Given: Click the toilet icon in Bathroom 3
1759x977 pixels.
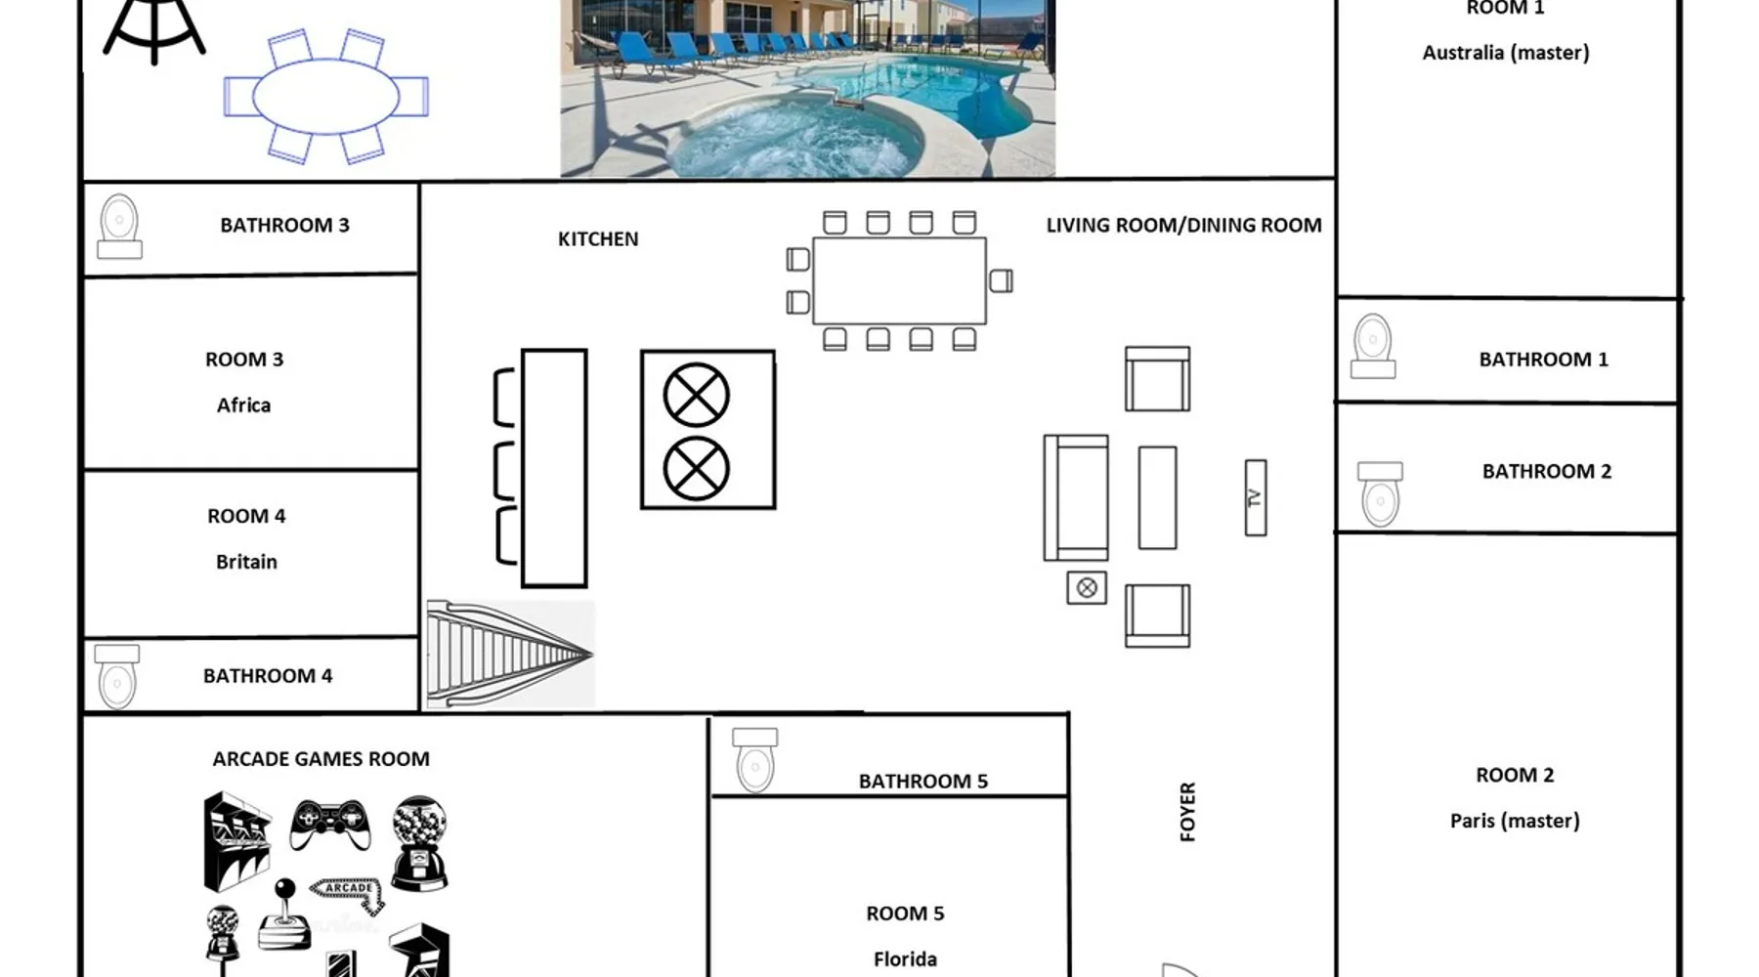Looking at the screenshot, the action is (119, 227).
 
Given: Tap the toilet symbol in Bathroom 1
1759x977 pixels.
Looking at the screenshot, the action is (1372, 346).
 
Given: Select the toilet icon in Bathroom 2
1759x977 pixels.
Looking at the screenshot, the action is (1380, 494).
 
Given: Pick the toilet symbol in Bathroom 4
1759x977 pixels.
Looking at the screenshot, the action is (116, 676).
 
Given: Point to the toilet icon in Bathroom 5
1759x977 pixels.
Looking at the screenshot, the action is (755, 760).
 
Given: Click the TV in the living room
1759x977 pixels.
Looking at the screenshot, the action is (1256, 498).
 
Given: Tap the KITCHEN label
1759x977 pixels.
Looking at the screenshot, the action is (598, 239).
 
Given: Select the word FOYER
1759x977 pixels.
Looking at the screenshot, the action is (1187, 812).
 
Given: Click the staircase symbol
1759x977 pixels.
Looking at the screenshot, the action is (510, 654).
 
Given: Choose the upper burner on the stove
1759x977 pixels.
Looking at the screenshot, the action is (696, 396).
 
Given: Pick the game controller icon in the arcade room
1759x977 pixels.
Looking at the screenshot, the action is (330, 824).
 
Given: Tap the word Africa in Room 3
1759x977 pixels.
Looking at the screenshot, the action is (243, 405).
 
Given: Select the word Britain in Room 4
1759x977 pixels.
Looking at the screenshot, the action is (246, 562).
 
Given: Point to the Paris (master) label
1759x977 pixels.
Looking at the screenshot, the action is (1515, 821).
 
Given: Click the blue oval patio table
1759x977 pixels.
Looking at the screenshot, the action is (326, 96).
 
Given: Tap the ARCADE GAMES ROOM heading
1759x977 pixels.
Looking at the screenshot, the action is (321, 759).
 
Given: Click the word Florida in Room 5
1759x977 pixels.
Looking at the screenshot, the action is (905, 959).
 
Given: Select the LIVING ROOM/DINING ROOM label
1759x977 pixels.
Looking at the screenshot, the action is (1183, 226).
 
